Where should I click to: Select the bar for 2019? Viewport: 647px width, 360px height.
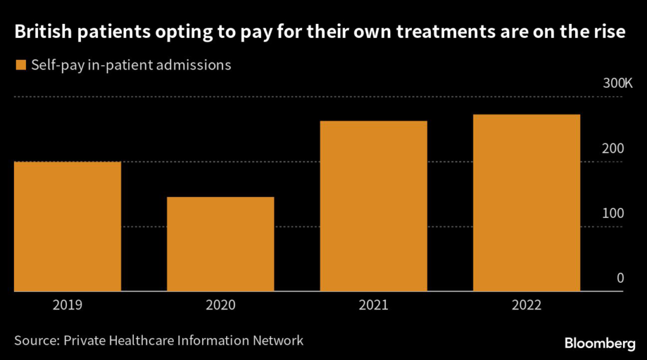(x=68, y=226)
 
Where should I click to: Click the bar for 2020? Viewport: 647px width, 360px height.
(x=221, y=244)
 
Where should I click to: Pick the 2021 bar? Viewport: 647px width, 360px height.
(x=373, y=206)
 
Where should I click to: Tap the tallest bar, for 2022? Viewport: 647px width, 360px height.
(x=526, y=203)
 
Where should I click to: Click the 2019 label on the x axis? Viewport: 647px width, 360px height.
(x=68, y=305)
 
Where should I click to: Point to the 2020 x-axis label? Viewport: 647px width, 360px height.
(x=221, y=305)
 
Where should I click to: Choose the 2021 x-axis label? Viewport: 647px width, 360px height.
(x=373, y=305)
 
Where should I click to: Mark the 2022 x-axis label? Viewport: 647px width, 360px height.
(x=526, y=305)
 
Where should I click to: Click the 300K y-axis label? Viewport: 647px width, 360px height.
(x=617, y=83)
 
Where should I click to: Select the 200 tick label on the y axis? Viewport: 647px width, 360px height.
(x=613, y=148)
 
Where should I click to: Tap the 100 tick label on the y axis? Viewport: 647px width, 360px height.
(x=613, y=213)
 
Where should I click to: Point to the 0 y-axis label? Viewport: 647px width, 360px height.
(x=620, y=279)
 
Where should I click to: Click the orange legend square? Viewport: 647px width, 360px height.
(x=21, y=65)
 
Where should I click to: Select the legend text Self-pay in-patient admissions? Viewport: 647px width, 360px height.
(x=131, y=65)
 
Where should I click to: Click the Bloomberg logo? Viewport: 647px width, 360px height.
(x=600, y=343)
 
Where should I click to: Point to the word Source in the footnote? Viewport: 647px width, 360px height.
(x=37, y=340)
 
